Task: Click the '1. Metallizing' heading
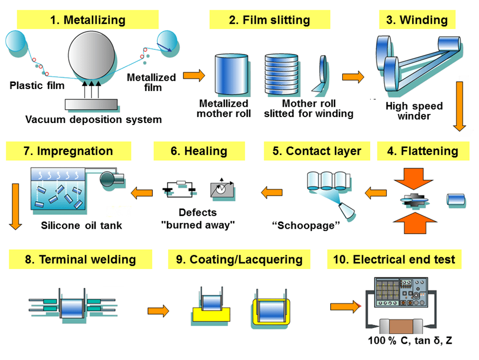[87, 20]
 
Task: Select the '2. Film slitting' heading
[269, 20]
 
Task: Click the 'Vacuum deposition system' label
[94, 120]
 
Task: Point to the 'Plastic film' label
[37, 85]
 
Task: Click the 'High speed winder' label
[414, 111]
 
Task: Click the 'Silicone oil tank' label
[81, 225]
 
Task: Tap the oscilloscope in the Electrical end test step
[398, 292]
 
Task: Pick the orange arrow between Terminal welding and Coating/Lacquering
[158, 310]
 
